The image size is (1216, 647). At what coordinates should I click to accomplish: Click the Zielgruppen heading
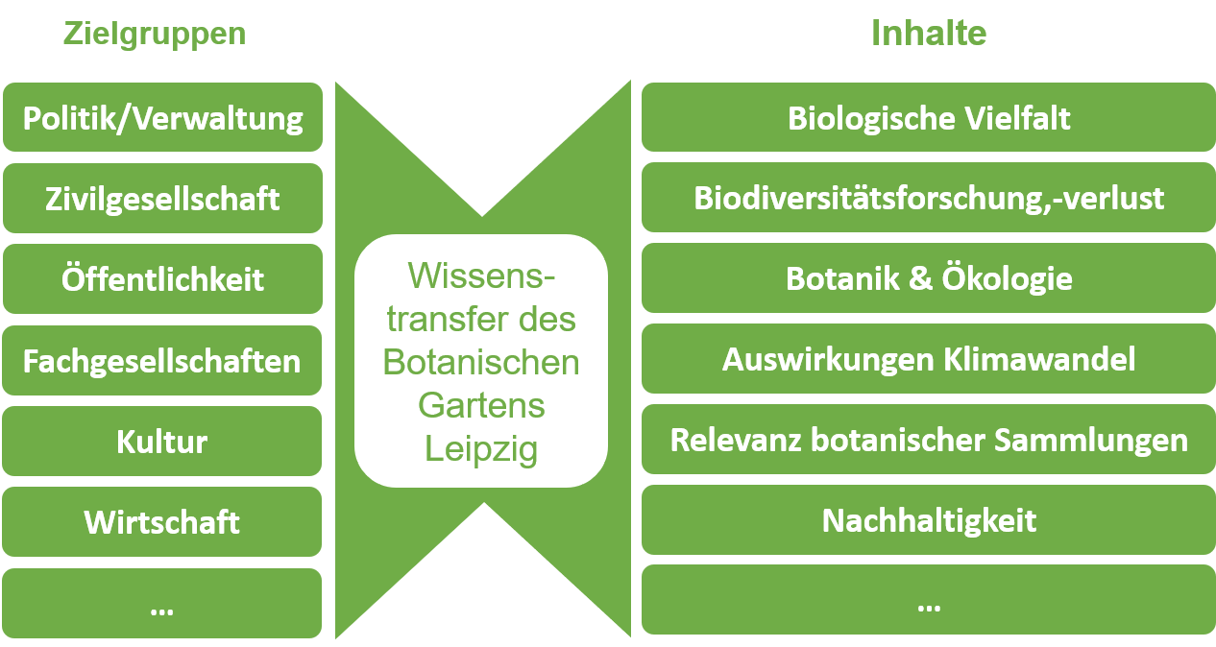[155, 35]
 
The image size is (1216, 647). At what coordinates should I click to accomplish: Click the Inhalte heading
[929, 33]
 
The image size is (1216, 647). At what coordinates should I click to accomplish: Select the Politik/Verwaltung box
[163, 117]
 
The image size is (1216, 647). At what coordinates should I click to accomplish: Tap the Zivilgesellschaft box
[163, 198]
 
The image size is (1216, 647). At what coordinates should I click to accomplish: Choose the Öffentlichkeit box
[163, 278]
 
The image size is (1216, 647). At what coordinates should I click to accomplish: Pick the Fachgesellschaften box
[162, 360]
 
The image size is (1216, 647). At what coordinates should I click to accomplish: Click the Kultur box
[162, 441]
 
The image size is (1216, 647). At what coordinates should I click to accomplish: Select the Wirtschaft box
[162, 521]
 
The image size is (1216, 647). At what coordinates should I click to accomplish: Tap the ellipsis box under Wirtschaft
[162, 603]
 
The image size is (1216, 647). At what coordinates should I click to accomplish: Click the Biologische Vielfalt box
[929, 117]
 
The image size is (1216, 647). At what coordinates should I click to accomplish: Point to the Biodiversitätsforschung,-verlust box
[929, 198]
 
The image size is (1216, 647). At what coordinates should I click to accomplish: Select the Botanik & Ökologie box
[929, 277]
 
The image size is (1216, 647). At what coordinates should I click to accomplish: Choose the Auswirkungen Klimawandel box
[929, 358]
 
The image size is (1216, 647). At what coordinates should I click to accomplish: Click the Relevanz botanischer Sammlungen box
[929, 440]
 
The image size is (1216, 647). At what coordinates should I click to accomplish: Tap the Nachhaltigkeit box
[929, 519]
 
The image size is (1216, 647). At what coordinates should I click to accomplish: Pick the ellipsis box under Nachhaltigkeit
[929, 600]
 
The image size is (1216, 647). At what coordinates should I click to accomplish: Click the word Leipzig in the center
[481, 449]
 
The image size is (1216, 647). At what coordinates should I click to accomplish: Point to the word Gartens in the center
[481, 405]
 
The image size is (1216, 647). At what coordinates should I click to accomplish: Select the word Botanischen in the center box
[481, 362]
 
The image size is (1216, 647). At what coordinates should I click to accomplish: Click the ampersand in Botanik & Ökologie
[920, 278]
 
